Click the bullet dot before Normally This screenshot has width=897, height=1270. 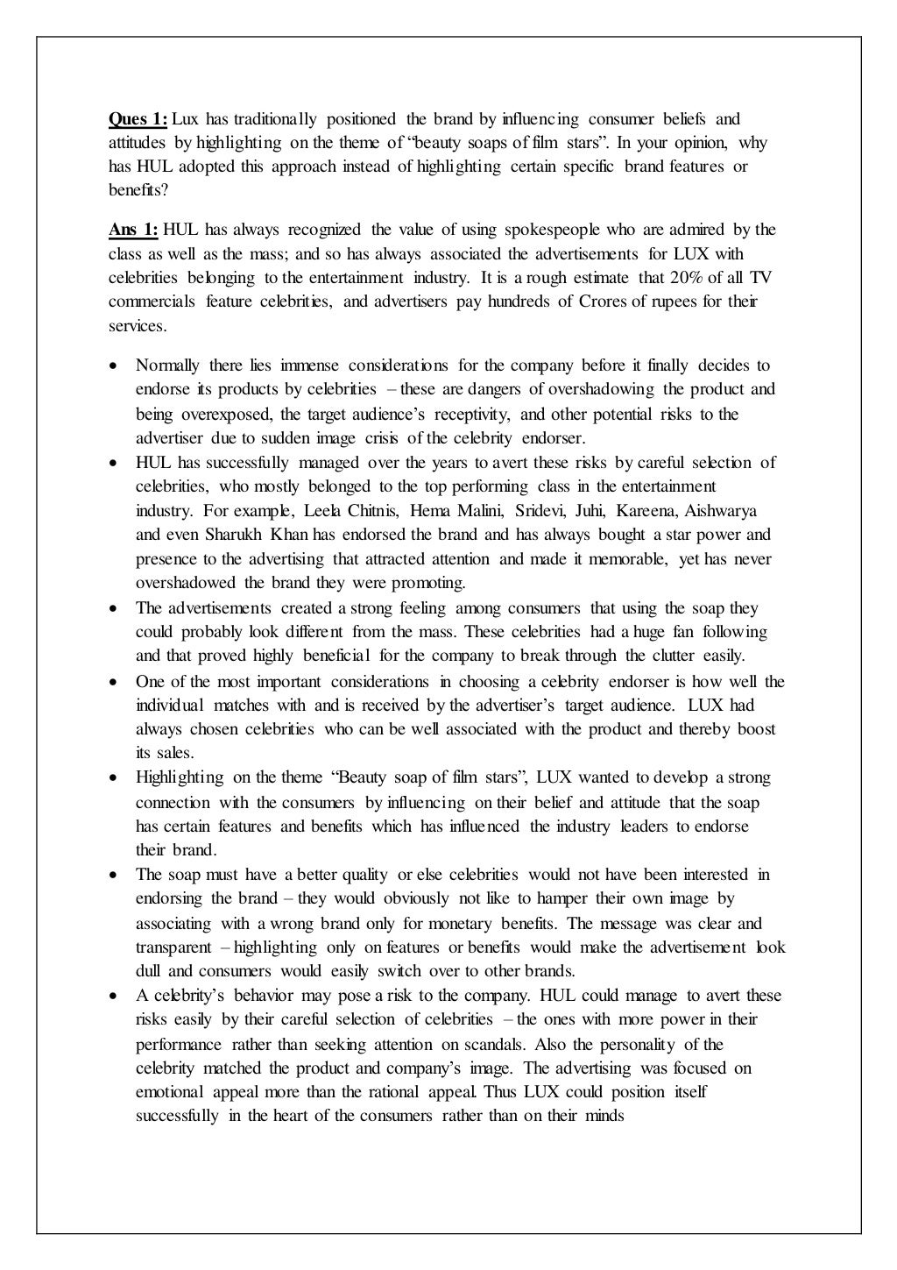(114, 366)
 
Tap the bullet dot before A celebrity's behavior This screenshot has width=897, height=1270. (114, 997)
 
